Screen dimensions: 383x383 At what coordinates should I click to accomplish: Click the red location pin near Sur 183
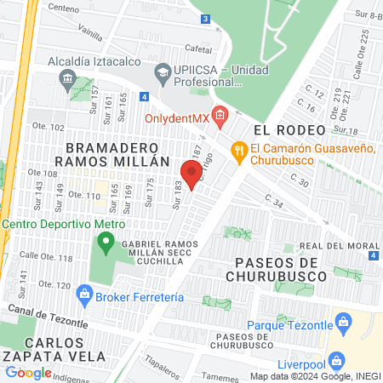[189, 173]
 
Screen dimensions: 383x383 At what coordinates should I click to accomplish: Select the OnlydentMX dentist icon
[220, 114]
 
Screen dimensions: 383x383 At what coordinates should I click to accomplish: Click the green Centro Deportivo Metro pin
[106, 243]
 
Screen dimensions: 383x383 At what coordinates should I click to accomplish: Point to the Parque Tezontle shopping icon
[344, 321]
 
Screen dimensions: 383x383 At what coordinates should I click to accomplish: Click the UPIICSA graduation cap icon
[162, 71]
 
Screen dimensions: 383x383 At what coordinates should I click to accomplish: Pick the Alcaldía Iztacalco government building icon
[66, 79]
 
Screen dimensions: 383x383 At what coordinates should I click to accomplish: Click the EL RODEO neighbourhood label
[289, 129]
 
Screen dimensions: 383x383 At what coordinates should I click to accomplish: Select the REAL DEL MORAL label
[340, 246]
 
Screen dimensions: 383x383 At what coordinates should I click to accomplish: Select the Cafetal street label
[197, 49]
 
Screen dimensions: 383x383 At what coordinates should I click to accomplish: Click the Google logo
[28, 372]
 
